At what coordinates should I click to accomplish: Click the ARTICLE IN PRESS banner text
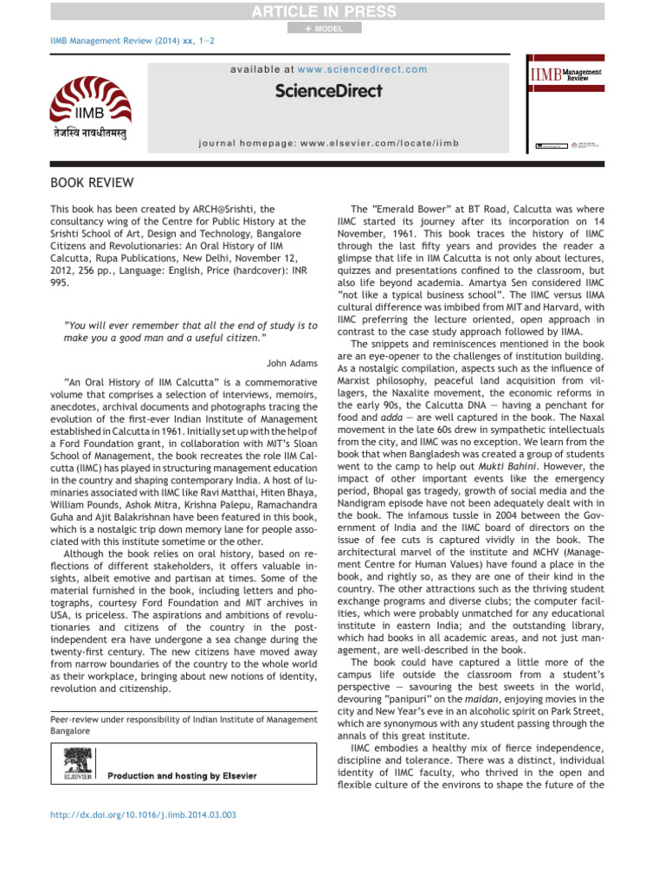click(x=332, y=11)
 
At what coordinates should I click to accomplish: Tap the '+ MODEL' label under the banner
click(x=324, y=29)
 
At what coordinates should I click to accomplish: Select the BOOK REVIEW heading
click(x=92, y=183)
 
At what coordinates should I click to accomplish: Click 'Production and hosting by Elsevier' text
click(x=182, y=775)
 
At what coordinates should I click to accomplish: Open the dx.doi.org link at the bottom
click(x=144, y=814)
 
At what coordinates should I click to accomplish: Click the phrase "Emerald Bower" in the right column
click(x=407, y=210)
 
